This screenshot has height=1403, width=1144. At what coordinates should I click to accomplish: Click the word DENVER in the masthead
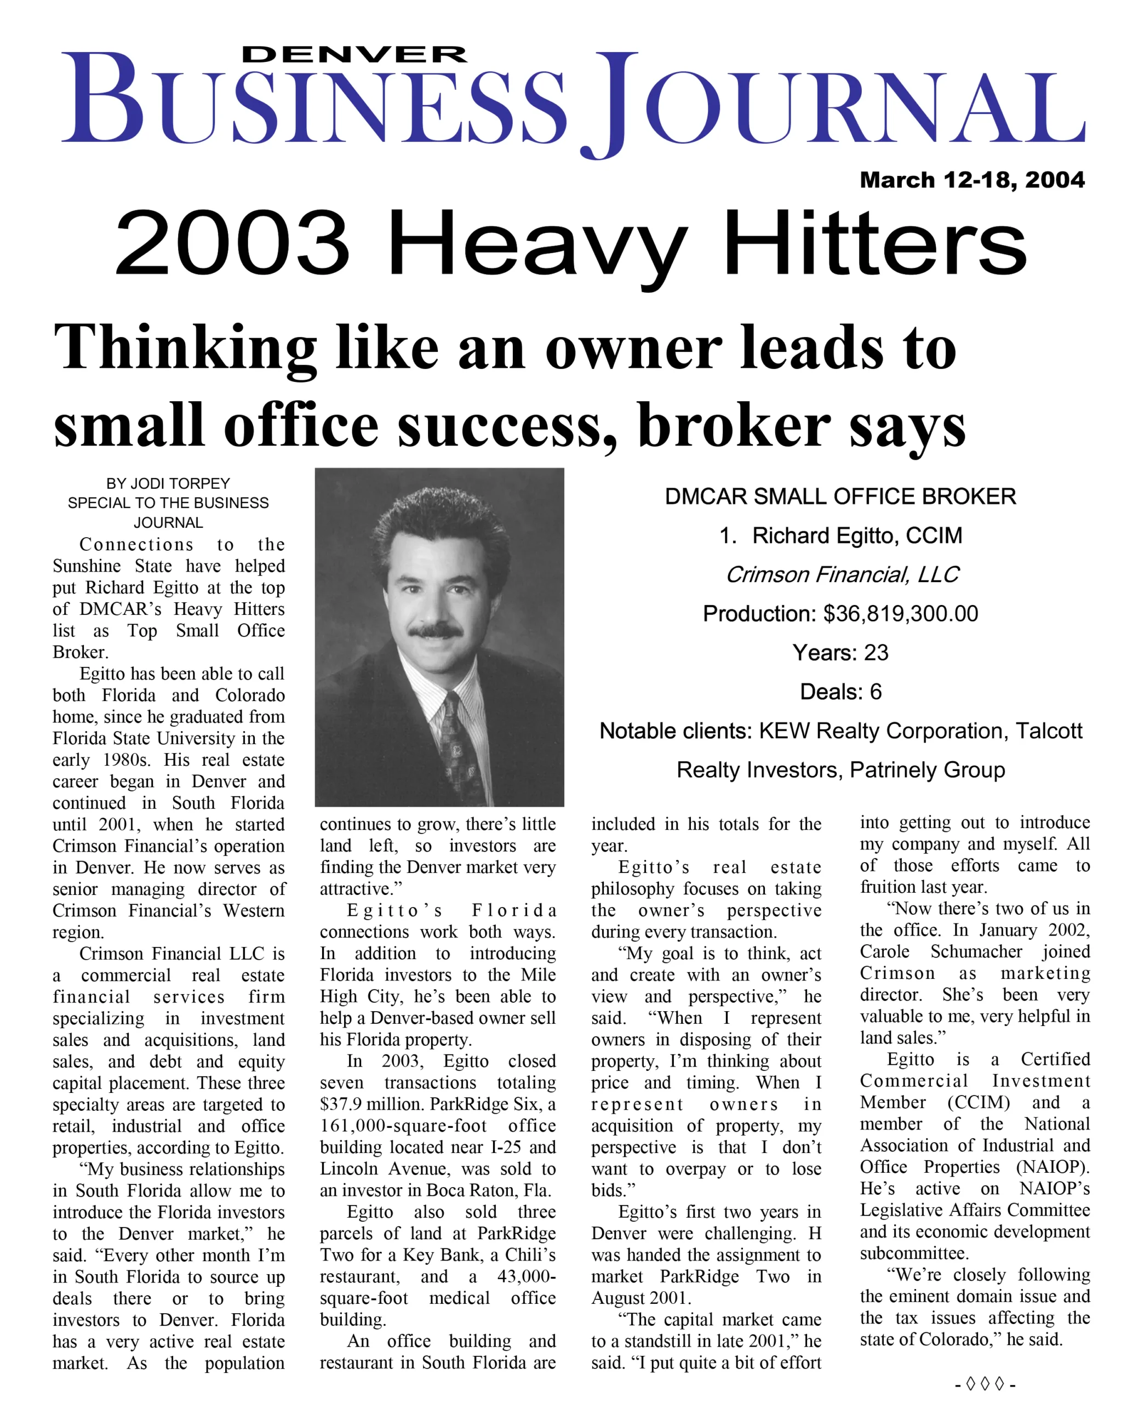pos(354,54)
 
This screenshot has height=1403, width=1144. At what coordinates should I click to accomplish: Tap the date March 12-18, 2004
pos(972,180)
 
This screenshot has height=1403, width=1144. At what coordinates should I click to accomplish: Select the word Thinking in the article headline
pos(185,348)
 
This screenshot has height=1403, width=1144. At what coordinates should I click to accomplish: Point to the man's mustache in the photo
pos(434,631)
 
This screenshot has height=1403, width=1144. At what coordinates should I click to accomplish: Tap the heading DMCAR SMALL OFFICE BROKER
pos(840,496)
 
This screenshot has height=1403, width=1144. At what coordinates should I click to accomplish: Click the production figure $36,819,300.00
pos(900,613)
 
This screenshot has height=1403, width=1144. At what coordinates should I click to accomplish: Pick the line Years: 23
pos(840,652)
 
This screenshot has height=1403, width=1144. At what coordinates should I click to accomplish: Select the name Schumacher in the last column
pos(976,951)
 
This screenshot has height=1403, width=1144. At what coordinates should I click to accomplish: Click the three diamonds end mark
pos(985,1384)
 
